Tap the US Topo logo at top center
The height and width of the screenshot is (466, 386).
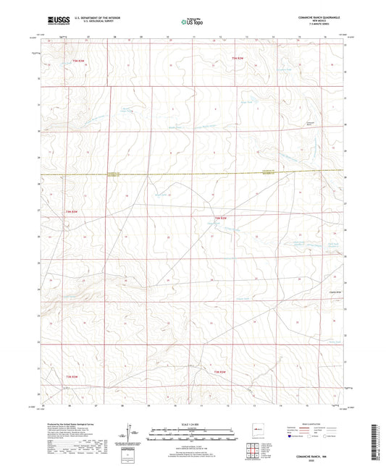click(192, 22)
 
